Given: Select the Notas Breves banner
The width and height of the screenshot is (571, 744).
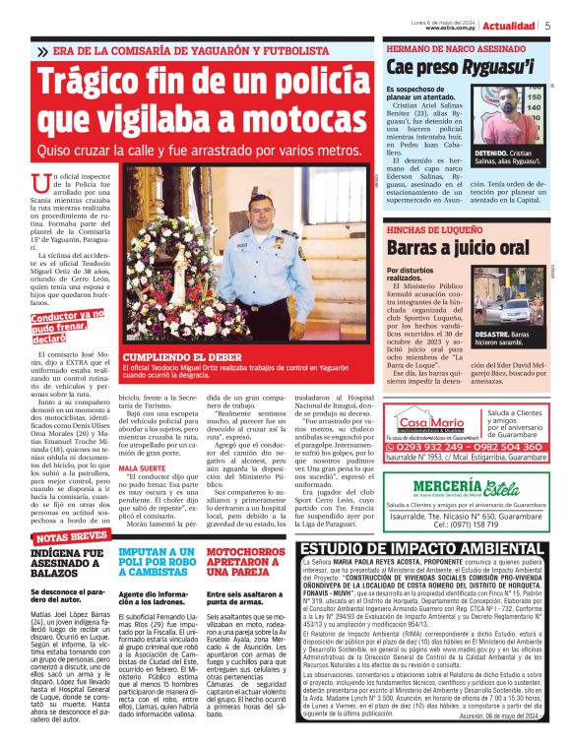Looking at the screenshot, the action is (70, 538).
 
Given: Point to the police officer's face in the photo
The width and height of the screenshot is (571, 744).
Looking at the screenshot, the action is (257, 214).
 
